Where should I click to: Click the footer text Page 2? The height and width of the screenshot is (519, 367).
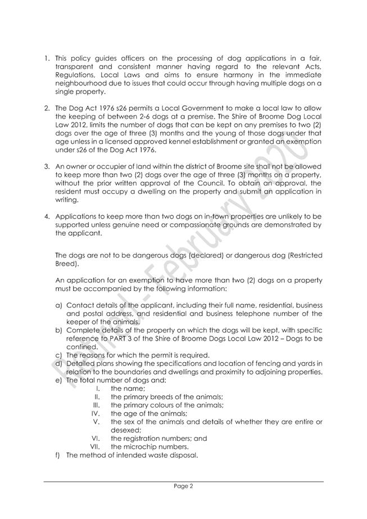183,488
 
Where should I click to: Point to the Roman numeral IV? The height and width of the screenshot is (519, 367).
96,413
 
